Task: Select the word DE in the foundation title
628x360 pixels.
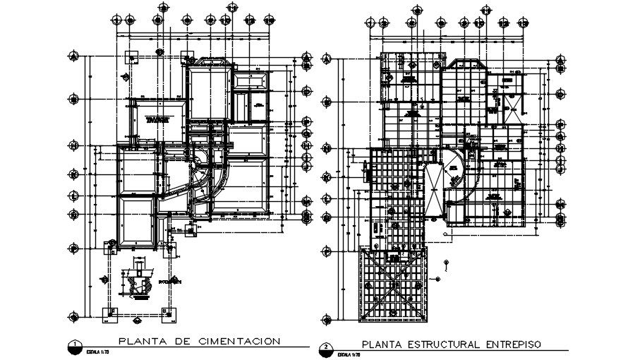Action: tap(181, 342)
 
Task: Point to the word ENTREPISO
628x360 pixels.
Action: tap(512, 344)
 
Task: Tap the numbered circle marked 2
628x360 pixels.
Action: tap(326, 348)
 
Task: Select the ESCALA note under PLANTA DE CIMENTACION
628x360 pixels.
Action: tap(95, 351)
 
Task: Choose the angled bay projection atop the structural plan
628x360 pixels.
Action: tap(462, 66)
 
